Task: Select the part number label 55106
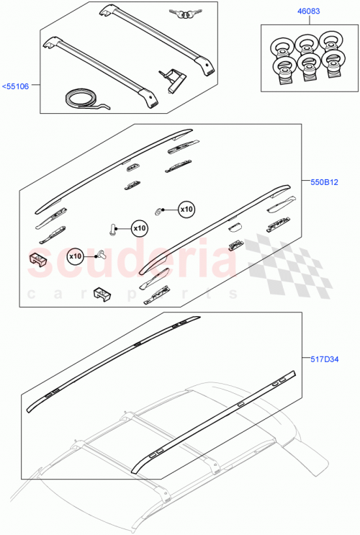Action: pyautogui.click(x=16, y=86)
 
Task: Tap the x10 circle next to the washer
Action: pyautogui.click(x=186, y=209)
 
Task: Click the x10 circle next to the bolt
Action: pyautogui.click(x=139, y=228)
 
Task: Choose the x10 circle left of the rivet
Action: pyautogui.click(x=76, y=256)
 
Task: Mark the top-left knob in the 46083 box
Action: pyautogui.click(x=279, y=48)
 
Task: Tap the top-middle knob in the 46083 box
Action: pyautogui.click(x=306, y=45)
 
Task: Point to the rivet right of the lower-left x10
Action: pyautogui.click(x=101, y=254)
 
